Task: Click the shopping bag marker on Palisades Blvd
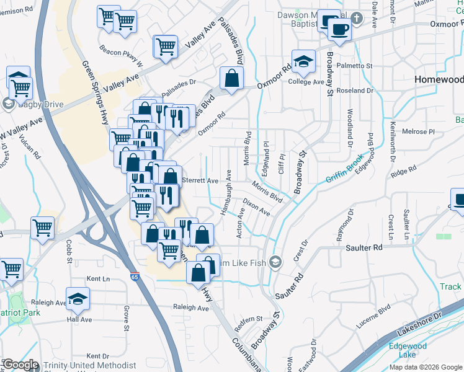click(x=231, y=78)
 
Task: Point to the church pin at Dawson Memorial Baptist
click(x=356, y=18)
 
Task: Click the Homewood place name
click(x=439, y=80)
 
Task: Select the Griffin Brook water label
click(x=344, y=172)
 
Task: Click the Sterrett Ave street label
click(x=200, y=180)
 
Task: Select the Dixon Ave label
click(x=256, y=207)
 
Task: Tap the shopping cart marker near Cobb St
click(x=42, y=228)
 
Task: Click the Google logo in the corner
click(x=20, y=365)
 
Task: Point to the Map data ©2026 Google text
click(x=425, y=367)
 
